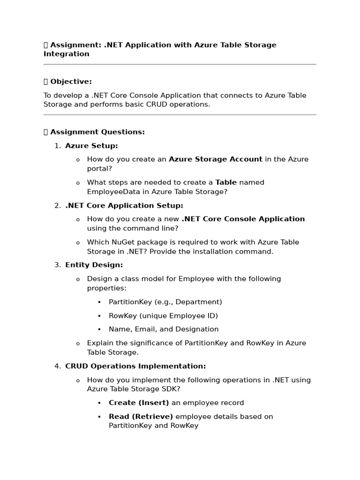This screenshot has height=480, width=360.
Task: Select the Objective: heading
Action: (x=71, y=82)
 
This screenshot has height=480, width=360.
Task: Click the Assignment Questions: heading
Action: (x=97, y=132)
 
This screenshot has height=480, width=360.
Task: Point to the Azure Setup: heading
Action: (x=91, y=146)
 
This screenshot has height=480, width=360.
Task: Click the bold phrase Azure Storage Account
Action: (x=215, y=159)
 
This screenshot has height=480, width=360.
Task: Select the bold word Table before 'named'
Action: (x=226, y=182)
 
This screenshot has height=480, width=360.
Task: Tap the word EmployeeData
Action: (x=110, y=192)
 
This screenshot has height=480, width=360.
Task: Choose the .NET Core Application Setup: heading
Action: (x=124, y=205)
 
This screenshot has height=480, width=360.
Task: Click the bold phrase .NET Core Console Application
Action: (x=243, y=219)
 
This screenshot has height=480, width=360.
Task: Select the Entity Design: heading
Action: (x=94, y=265)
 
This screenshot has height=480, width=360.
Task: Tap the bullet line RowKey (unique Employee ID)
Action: (x=163, y=315)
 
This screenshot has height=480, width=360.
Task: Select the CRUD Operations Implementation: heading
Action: (x=135, y=366)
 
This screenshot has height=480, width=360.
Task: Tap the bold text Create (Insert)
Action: (x=139, y=403)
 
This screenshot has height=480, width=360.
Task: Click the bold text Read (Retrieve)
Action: (x=141, y=416)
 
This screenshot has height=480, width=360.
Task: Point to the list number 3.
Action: (x=57, y=265)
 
